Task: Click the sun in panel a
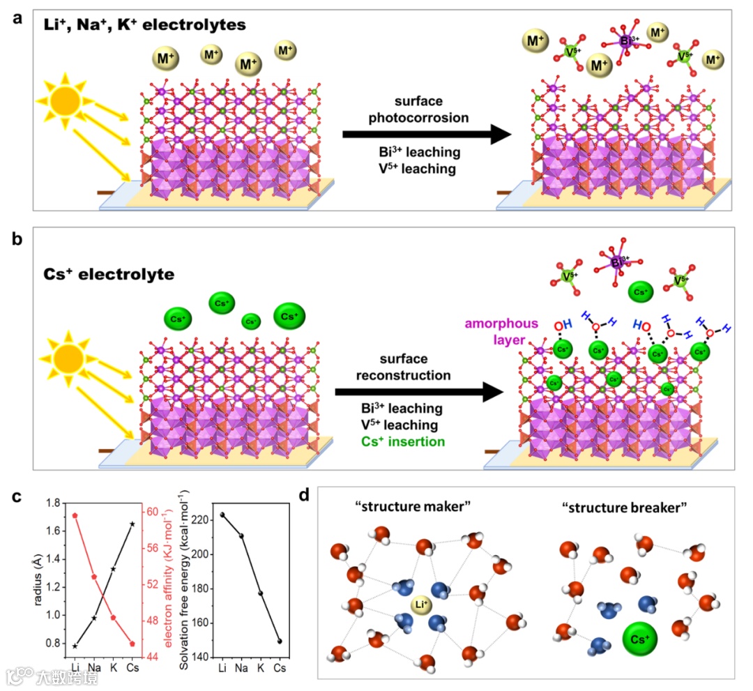[x=68, y=100]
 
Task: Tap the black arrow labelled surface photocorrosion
[x=432, y=137]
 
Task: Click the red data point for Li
[x=75, y=515]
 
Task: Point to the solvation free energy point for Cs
[x=280, y=641]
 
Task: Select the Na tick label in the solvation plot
[x=241, y=669]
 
